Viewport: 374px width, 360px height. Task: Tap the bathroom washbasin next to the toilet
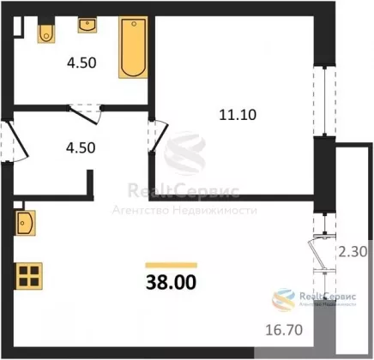(87, 25)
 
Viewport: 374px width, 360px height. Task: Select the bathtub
(133, 47)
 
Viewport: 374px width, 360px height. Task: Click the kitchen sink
(26, 223)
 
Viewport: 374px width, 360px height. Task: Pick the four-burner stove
(29, 276)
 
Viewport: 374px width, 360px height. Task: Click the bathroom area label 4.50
(81, 63)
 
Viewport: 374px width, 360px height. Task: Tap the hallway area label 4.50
(81, 148)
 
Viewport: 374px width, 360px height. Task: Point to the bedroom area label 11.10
(238, 115)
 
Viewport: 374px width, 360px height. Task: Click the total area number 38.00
(172, 282)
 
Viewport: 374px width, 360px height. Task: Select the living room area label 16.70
(284, 330)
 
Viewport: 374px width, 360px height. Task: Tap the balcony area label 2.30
(353, 252)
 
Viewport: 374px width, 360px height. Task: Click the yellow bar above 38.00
(172, 265)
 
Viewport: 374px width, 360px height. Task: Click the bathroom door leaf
(84, 116)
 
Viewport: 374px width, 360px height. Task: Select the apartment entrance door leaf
(17, 140)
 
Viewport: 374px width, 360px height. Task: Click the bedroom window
(324, 101)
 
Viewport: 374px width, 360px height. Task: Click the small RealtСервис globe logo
(283, 299)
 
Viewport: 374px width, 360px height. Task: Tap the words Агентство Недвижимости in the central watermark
(184, 211)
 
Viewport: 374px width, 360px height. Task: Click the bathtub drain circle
(134, 24)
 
